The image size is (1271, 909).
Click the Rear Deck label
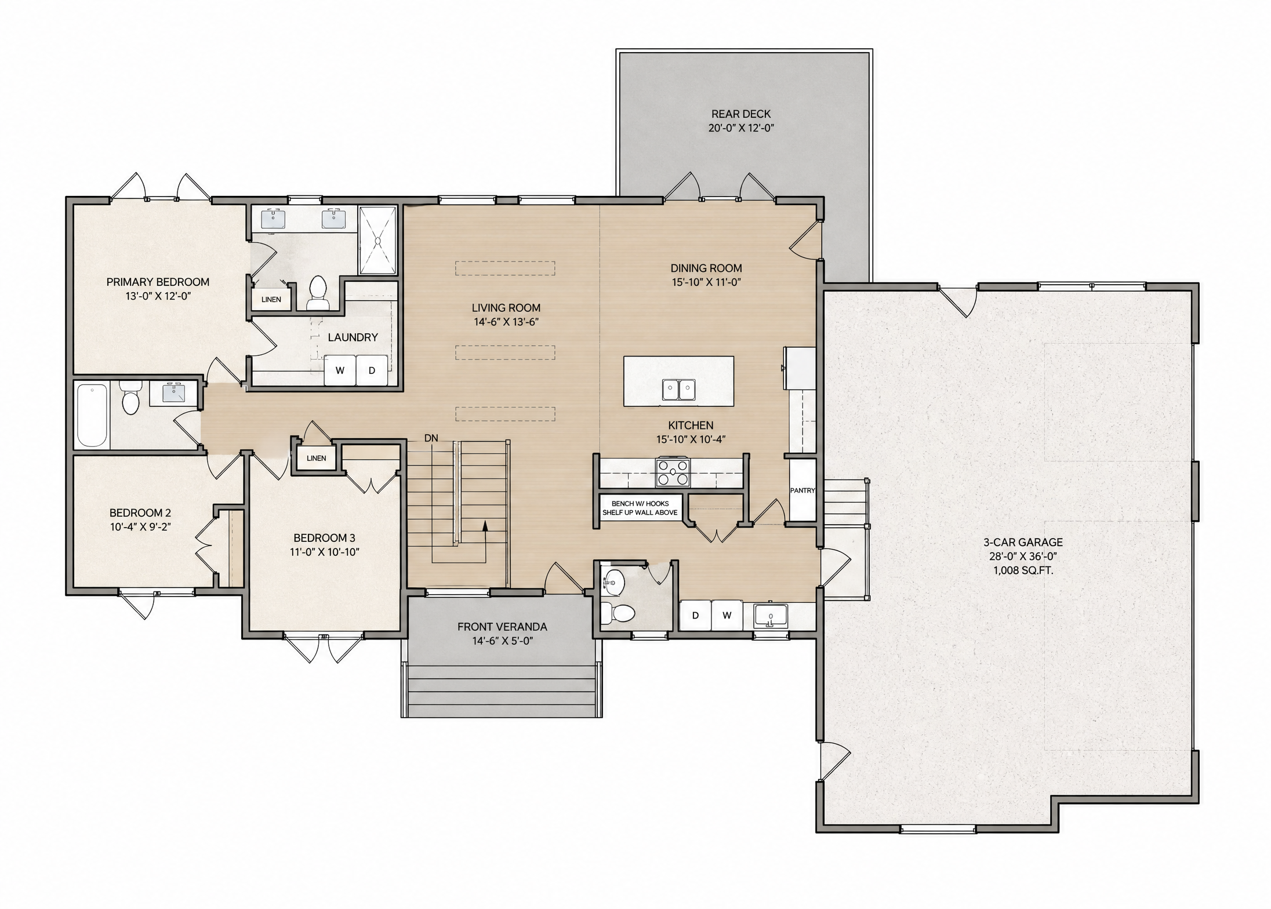click(x=741, y=114)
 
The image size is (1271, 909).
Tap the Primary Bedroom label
click(x=158, y=282)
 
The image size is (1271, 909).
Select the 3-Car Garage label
click(x=1023, y=543)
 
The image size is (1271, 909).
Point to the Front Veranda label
click(x=502, y=627)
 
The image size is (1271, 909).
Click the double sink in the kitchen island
click(x=679, y=390)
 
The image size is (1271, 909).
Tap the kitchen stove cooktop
click(x=673, y=472)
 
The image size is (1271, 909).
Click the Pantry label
click(x=802, y=490)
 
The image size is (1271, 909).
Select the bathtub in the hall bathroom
click(x=92, y=415)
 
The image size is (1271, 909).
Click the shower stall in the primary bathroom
click(x=377, y=240)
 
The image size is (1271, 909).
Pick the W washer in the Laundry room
click(x=340, y=370)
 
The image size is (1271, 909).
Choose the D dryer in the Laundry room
click(x=372, y=370)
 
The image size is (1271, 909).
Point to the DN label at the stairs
click(x=431, y=438)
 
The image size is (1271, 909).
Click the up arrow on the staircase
click(x=485, y=542)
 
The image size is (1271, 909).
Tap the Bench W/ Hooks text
click(x=640, y=504)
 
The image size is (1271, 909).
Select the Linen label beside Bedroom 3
click(x=316, y=458)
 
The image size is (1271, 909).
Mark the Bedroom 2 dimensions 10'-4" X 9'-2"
click(x=140, y=527)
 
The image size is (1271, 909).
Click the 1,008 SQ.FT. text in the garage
click(x=1023, y=570)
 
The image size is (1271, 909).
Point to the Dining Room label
click(x=706, y=268)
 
